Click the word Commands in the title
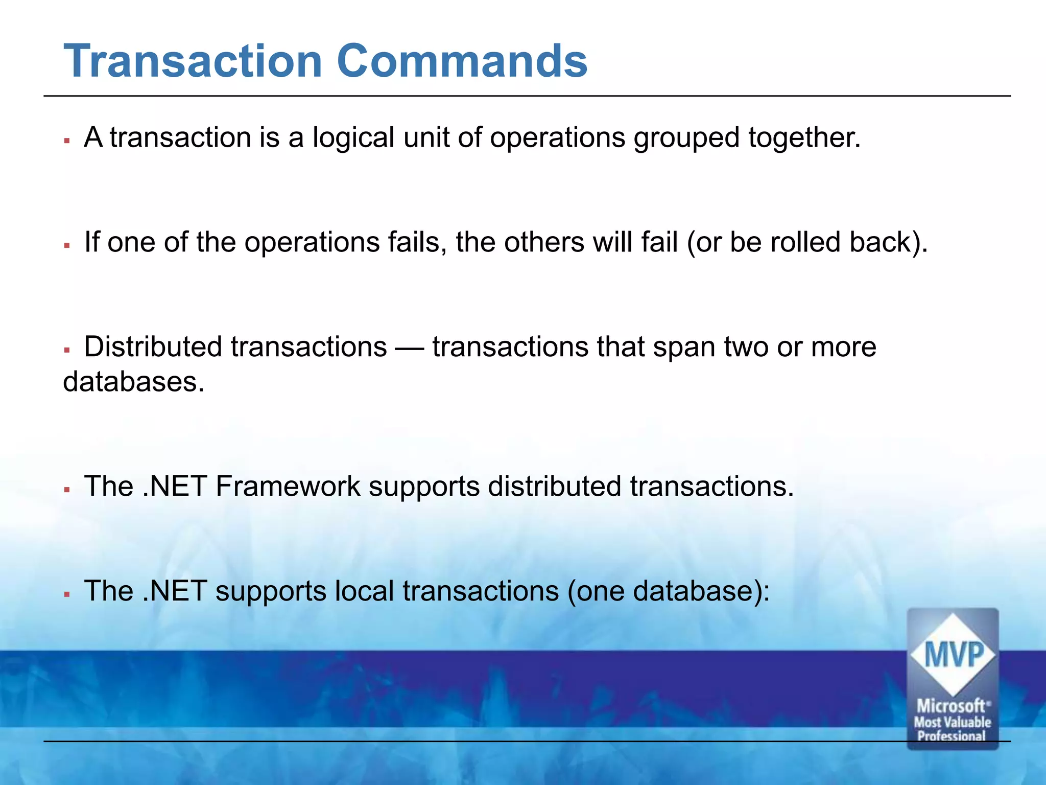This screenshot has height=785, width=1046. click(462, 61)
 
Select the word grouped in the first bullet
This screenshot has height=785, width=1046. click(686, 138)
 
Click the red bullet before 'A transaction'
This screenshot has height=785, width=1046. click(67, 140)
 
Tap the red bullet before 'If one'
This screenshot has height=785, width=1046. click(67, 245)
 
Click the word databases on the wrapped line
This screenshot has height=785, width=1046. click(133, 382)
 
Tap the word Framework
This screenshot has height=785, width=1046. click(288, 486)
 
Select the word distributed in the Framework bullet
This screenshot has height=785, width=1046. click(554, 486)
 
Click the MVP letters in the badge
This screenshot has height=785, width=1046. click(953, 655)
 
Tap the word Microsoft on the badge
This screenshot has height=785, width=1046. click(951, 706)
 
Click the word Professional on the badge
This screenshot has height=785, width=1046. click(951, 736)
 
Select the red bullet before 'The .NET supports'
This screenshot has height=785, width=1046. click(67, 594)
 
